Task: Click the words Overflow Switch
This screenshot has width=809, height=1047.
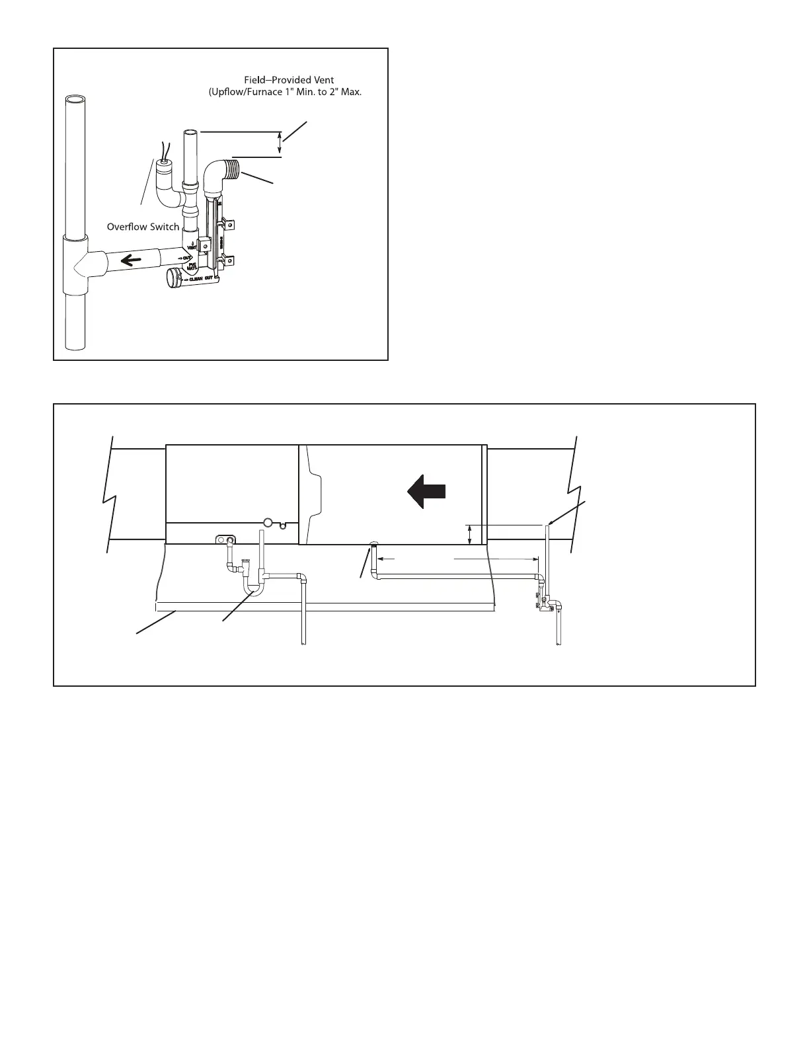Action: tap(143, 227)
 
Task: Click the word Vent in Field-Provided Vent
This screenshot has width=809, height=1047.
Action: tap(322, 80)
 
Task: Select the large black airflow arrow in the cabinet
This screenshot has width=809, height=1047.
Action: tap(426, 492)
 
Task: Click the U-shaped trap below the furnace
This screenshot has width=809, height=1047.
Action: tap(252, 585)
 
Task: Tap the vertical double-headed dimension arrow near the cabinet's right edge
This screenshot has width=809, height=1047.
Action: tap(469, 534)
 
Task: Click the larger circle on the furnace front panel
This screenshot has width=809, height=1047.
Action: tap(268, 522)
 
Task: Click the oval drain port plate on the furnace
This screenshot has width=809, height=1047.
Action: tap(226, 539)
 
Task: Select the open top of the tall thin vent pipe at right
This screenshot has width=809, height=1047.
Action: tap(548, 527)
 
